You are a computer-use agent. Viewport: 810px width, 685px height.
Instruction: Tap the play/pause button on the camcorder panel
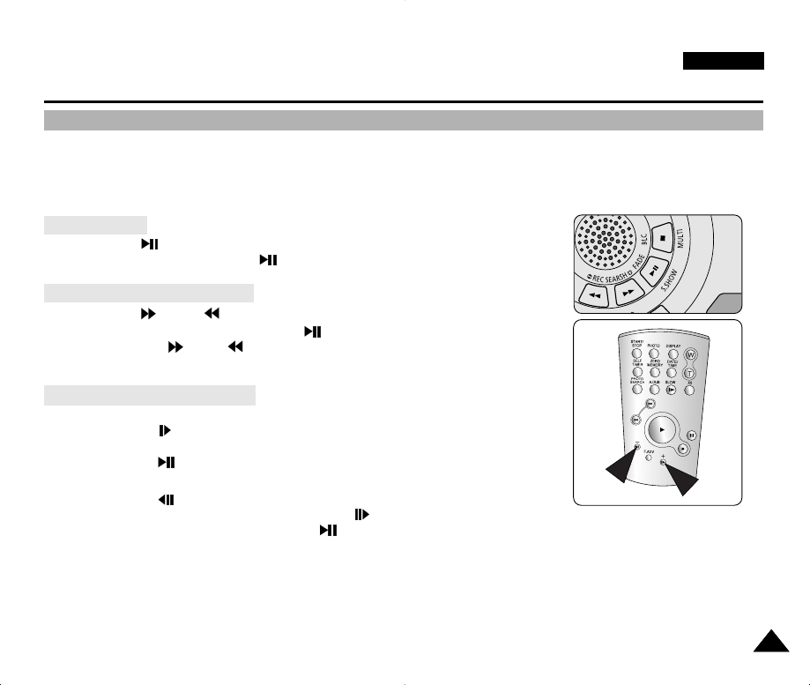(655, 272)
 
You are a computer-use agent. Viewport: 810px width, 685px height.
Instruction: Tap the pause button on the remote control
(693, 435)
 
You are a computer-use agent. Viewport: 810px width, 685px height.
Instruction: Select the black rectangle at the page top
(723, 61)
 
